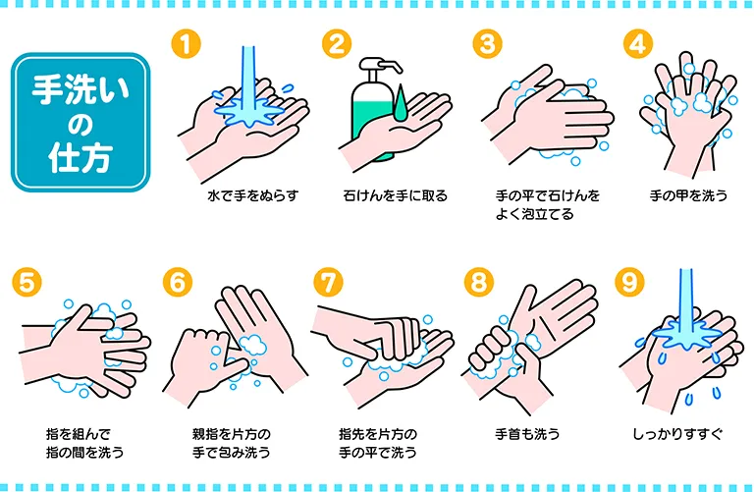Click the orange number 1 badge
click(x=187, y=44)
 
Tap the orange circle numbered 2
click(x=337, y=44)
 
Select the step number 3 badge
click(x=487, y=44)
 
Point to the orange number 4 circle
click(x=638, y=44)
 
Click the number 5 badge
click(x=27, y=282)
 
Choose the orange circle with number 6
click(x=178, y=282)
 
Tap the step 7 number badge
click(x=329, y=282)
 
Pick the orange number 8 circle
click(x=479, y=282)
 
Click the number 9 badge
click(x=630, y=282)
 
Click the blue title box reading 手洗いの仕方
click(x=81, y=123)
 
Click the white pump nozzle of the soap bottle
click(x=381, y=65)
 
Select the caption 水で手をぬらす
click(x=253, y=195)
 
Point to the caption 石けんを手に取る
click(x=396, y=195)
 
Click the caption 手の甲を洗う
click(x=688, y=195)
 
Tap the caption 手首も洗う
click(x=527, y=434)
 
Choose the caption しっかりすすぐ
click(x=677, y=434)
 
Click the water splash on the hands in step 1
click(x=248, y=111)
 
